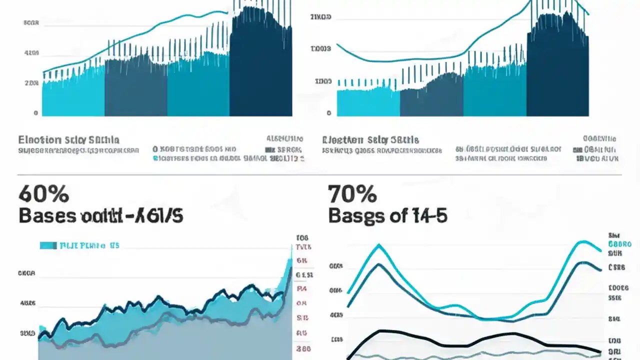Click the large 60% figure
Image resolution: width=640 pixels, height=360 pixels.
click(43, 193)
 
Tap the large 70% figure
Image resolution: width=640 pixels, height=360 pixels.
click(352, 193)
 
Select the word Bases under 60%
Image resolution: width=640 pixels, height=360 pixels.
click(48, 216)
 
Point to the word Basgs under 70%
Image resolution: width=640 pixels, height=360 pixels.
click(355, 216)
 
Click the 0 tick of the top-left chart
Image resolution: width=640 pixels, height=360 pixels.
click(36, 113)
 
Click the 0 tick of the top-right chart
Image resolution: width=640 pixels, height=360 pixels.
click(328, 113)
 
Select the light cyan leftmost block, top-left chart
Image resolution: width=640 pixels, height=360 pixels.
click(73, 95)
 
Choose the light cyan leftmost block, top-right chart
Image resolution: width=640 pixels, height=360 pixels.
click(368, 102)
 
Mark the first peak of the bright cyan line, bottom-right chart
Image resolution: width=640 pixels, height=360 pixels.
click(379, 245)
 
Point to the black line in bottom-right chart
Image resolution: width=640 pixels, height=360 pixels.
click(425, 340)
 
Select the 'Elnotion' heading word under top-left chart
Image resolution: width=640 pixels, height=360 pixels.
click(39, 140)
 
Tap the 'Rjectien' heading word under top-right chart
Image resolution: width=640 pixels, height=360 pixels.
click(342, 140)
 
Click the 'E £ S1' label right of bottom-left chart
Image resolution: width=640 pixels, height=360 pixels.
click(304, 275)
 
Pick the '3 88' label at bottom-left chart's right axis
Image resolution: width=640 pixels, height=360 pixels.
click(303, 349)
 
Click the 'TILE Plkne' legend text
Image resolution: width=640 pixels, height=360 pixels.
click(82, 245)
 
